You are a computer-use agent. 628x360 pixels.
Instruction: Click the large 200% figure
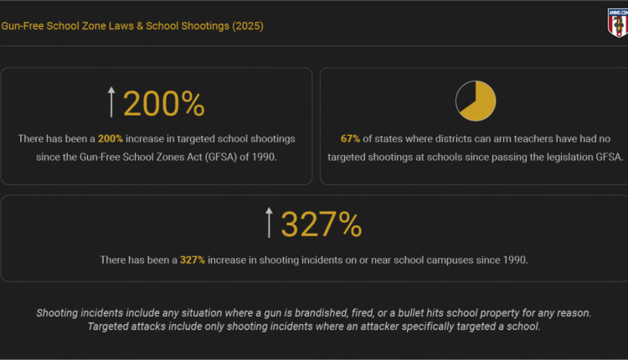pyautogui.click(x=164, y=103)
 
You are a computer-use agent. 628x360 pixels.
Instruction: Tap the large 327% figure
pyautogui.click(x=321, y=224)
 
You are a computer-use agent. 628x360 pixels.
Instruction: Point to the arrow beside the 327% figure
pyautogui.click(x=269, y=224)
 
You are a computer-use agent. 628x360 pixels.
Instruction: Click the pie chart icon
pyautogui.click(x=476, y=100)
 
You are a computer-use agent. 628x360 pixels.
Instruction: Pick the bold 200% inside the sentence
pyautogui.click(x=111, y=137)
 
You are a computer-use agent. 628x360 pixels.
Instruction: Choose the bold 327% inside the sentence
pyautogui.click(x=193, y=260)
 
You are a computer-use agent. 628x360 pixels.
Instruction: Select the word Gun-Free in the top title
pyautogui.click(x=23, y=26)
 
